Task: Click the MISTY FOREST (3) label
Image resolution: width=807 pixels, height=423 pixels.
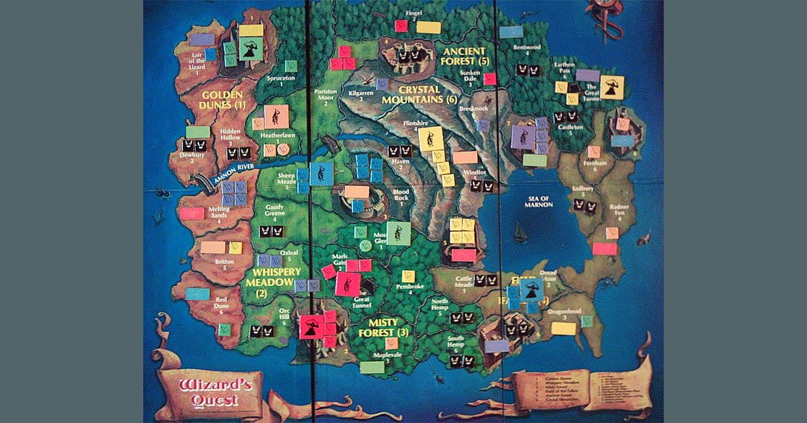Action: pyautogui.click(x=385, y=327)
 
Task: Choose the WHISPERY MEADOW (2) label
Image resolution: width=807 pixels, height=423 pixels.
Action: pyautogui.click(x=272, y=281)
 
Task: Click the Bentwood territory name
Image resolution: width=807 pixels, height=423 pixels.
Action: pyautogui.click(x=527, y=48)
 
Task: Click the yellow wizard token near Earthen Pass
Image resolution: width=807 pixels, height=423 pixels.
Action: pyautogui.click(x=612, y=87)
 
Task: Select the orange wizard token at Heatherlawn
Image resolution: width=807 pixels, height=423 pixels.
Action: pyautogui.click(x=273, y=117)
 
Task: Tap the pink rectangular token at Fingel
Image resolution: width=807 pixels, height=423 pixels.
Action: pyautogui.click(x=401, y=26)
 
